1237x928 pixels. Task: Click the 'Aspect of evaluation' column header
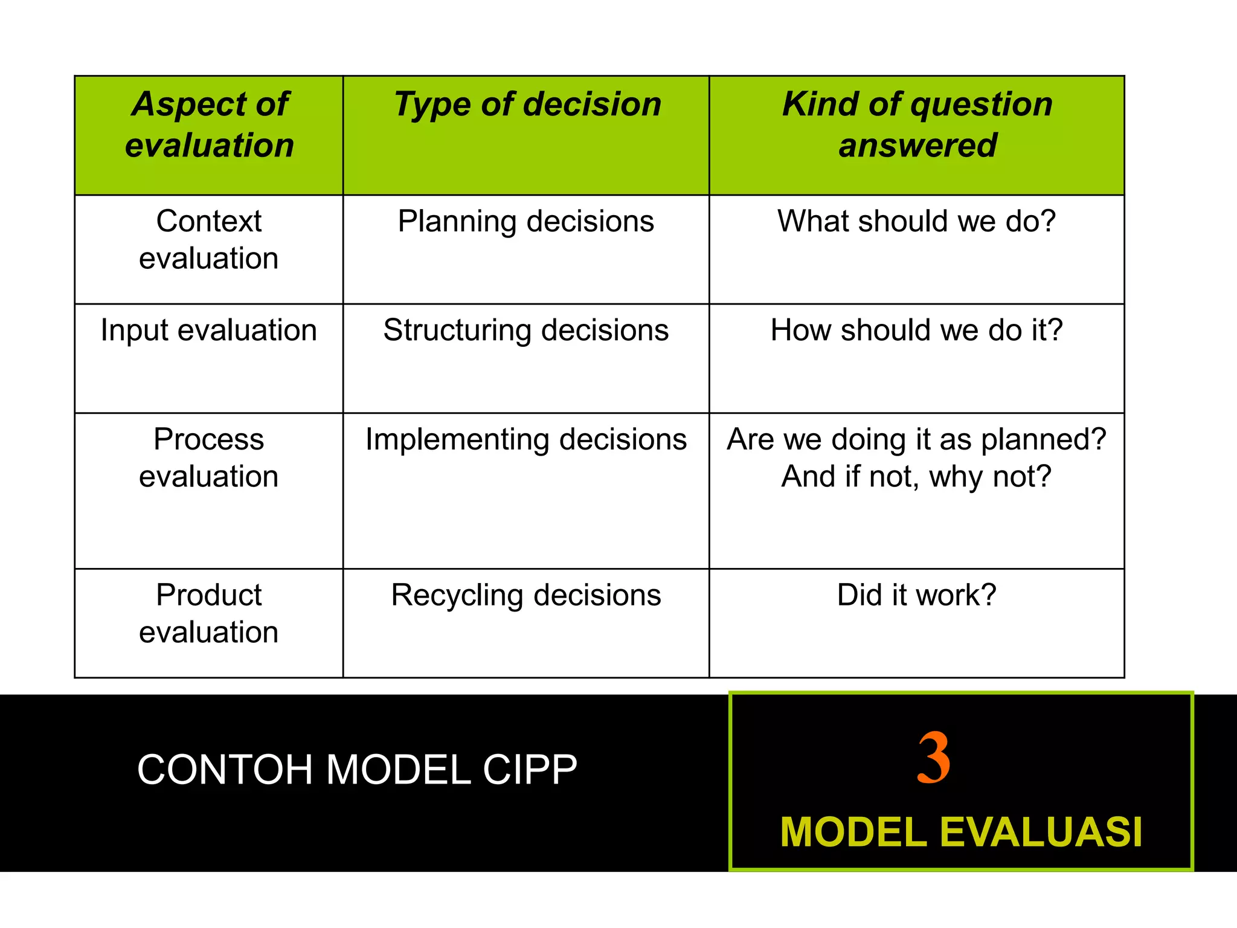pyautogui.click(x=209, y=124)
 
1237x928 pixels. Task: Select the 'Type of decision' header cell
pyautogui.click(x=527, y=105)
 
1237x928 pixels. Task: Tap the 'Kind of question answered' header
pyautogui.click(x=917, y=124)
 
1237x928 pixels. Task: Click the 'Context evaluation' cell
pyautogui.click(x=208, y=239)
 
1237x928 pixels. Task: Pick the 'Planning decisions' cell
pyautogui.click(x=525, y=221)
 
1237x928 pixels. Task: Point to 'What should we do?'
pyautogui.click(x=916, y=221)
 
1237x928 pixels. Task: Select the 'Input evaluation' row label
pyautogui.click(x=208, y=330)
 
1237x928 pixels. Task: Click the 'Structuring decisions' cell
pyautogui.click(x=525, y=330)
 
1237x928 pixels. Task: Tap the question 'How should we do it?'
pyautogui.click(x=916, y=330)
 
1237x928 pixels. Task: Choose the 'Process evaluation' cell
pyautogui.click(x=208, y=457)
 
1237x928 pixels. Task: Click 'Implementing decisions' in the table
pyautogui.click(x=525, y=439)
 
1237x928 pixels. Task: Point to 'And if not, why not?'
pyautogui.click(x=916, y=477)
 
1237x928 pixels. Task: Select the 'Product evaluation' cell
pyautogui.click(x=208, y=613)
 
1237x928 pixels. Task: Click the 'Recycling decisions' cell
pyautogui.click(x=525, y=595)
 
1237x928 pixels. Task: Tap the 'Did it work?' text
pyautogui.click(x=916, y=595)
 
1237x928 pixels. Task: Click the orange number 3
pyautogui.click(x=933, y=758)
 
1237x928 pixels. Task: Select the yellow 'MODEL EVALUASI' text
pyautogui.click(x=961, y=833)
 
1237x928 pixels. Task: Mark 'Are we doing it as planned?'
pyautogui.click(x=916, y=439)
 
